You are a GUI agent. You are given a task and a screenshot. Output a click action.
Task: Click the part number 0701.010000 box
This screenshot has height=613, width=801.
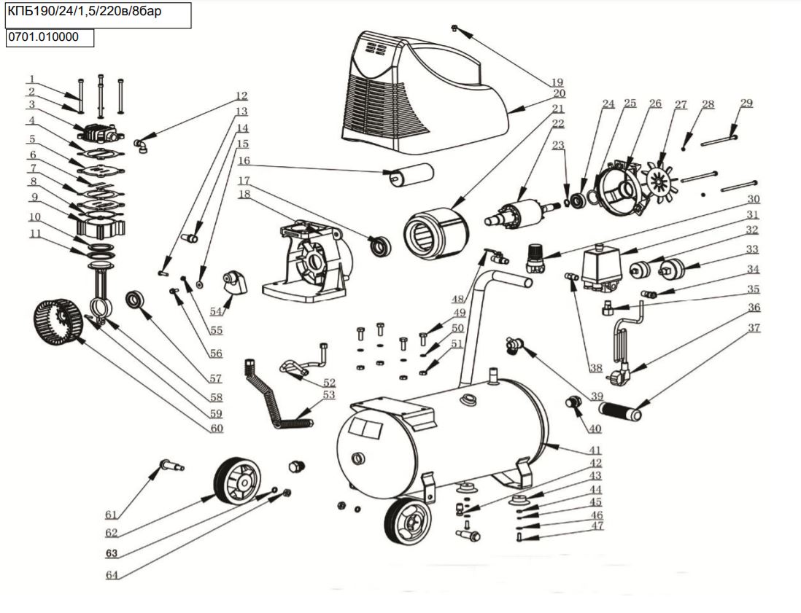[x=50, y=37]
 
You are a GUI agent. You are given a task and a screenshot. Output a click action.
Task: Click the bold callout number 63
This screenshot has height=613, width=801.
[x=112, y=553]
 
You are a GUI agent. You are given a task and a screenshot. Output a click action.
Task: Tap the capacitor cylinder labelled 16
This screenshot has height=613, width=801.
[x=412, y=175]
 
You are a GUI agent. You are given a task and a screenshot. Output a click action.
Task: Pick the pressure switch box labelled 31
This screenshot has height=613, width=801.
[x=603, y=265]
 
